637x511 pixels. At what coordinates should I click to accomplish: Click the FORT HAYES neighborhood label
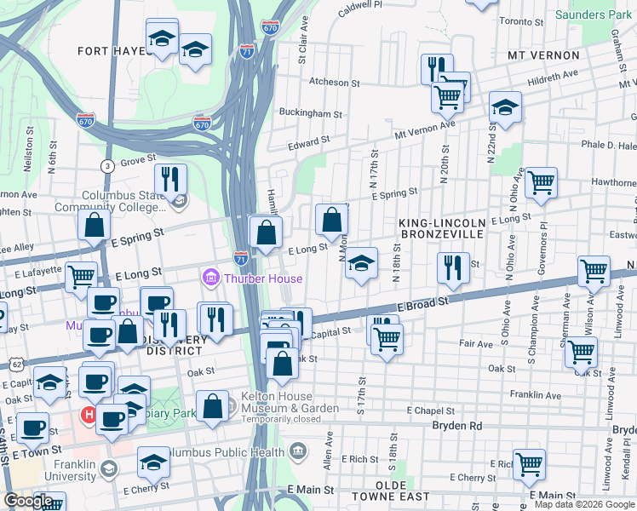pyautogui.click(x=111, y=51)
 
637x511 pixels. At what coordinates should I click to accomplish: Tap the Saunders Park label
pyautogui.click(x=593, y=15)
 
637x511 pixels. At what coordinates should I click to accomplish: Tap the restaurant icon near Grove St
pyautogui.click(x=170, y=178)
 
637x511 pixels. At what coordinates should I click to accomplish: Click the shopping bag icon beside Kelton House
pyautogui.click(x=212, y=405)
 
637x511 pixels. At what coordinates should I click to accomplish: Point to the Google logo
pyautogui.click(x=28, y=501)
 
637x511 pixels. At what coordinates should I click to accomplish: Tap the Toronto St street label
pyautogui.click(x=522, y=21)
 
